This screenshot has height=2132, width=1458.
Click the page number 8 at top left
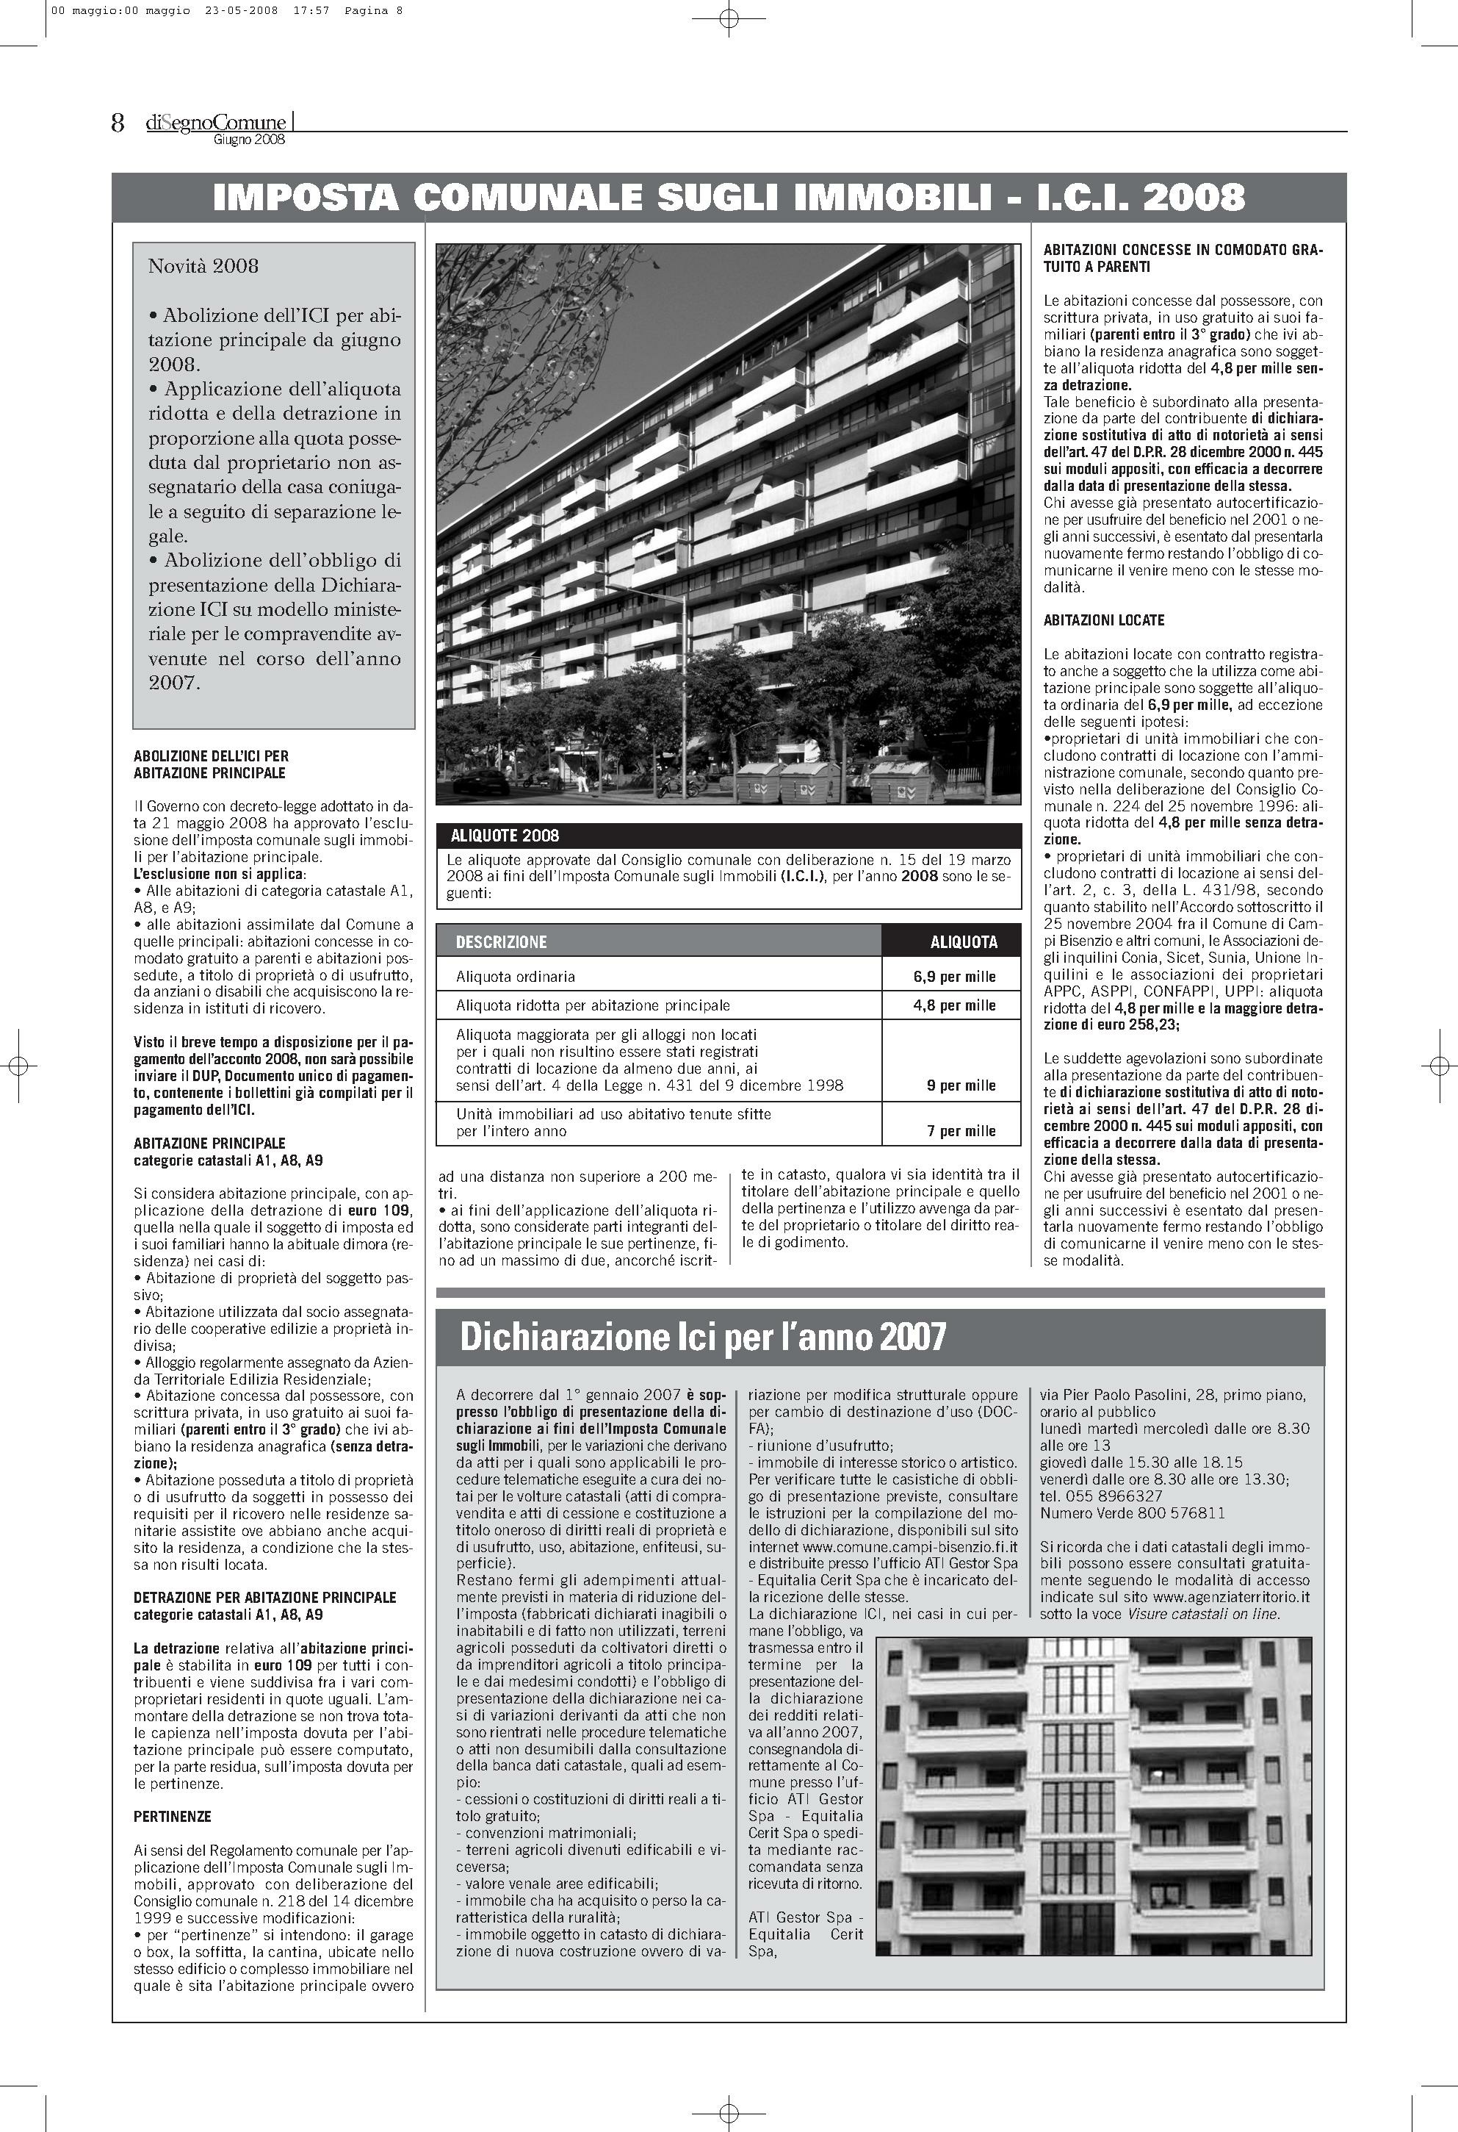[x=118, y=123]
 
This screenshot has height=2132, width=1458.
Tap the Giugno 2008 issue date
[x=248, y=140]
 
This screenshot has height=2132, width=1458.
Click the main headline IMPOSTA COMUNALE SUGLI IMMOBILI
[x=728, y=197]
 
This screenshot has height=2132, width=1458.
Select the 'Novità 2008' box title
[x=203, y=266]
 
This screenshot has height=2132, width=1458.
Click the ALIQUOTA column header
[x=963, y=941]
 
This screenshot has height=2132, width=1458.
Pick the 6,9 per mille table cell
[x=953, y=977]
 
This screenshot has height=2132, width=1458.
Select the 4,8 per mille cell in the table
[x=953, y=1005]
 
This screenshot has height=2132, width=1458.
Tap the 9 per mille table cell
[x=960, y=1085]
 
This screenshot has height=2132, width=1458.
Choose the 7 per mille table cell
[x=960, y=1131]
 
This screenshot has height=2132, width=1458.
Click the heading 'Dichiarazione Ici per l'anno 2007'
[x=701, y=1338]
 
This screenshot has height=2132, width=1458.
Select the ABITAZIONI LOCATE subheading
[x=1103, y=620]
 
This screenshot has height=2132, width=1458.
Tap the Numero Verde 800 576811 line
[x=1133, y=1512]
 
